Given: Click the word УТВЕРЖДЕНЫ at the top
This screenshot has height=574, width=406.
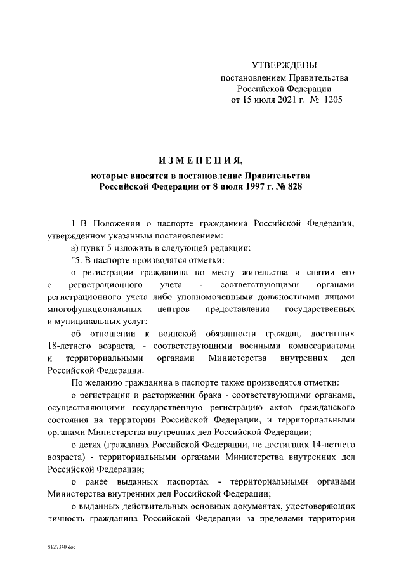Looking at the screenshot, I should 284,66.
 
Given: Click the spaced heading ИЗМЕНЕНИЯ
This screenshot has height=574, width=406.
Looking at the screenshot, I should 202,158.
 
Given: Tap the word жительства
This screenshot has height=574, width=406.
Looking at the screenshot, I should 254,271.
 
